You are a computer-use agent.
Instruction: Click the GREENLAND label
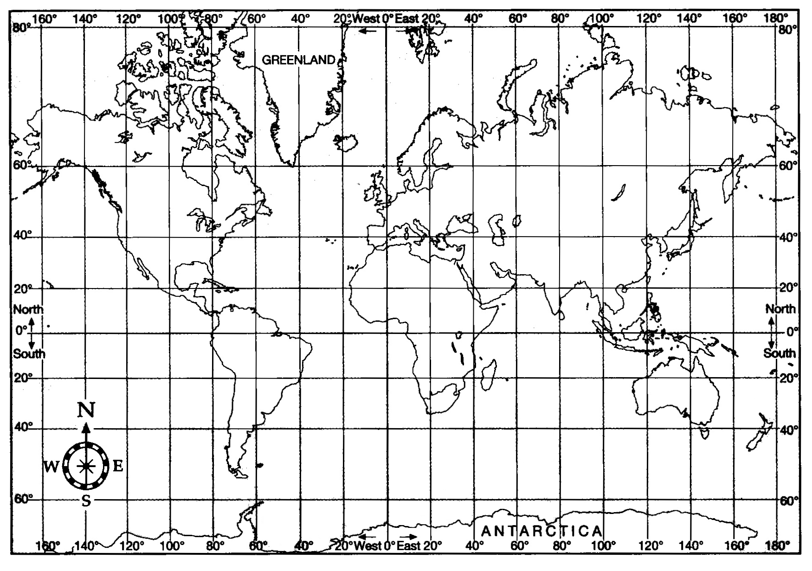298,60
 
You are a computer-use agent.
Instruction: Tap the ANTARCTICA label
542,531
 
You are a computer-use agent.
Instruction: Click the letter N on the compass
86,410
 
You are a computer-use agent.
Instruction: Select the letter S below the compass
86,500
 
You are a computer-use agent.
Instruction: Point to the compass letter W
51,467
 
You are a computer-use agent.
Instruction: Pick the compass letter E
118,466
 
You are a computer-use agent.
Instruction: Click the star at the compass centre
86,466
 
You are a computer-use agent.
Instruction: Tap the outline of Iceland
346,142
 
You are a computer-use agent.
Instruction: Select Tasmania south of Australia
705,434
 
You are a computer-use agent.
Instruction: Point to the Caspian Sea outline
497,230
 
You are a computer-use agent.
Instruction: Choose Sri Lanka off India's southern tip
562,314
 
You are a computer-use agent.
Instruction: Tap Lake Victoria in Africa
458,334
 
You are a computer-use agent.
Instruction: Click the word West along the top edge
366,19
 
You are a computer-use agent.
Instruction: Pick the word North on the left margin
28,309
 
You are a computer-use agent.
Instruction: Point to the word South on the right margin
780,353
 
